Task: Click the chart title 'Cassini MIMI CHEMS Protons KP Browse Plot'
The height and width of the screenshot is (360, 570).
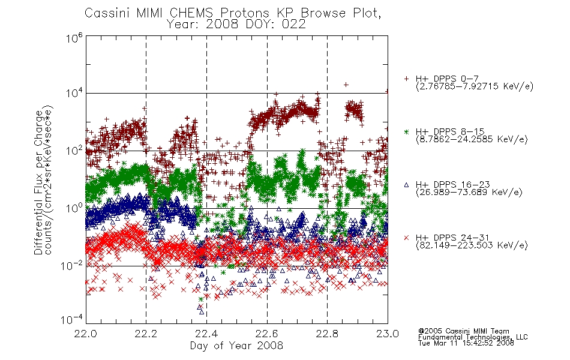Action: pos(233,13)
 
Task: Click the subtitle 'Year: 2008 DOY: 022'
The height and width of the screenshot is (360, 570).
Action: pos(236,25)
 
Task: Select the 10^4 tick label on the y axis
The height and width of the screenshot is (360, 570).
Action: pos(74,93)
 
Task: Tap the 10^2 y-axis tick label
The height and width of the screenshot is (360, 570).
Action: pos(74,151)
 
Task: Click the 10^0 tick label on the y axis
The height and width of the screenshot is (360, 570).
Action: pos(74,208)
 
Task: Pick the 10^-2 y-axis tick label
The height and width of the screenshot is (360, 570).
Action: pos(72,266)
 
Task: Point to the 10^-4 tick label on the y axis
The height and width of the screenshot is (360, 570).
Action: pos(72,320)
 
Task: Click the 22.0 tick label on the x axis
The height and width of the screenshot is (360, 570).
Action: pos(86,334)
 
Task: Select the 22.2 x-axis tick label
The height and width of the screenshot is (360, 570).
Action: pos(146,334)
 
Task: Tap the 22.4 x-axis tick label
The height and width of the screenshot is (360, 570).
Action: pos(206,334)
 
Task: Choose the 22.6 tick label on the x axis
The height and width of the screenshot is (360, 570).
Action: pos(267,334)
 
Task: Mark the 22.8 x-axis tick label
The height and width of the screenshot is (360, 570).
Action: pos(327,334)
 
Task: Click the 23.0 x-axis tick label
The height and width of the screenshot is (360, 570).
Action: pos(388,334)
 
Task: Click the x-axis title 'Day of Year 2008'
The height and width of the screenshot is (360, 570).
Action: pos(236,346)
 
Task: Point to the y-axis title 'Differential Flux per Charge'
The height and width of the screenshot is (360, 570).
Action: pos(38,182)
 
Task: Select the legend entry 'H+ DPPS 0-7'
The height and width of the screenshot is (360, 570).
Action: pos(447,79)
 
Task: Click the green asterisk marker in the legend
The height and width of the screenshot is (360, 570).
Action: pos(406,131)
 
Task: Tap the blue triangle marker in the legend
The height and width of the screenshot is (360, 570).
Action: pos(406,185)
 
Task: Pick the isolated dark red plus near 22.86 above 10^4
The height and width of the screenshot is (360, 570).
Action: pos(346,85)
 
